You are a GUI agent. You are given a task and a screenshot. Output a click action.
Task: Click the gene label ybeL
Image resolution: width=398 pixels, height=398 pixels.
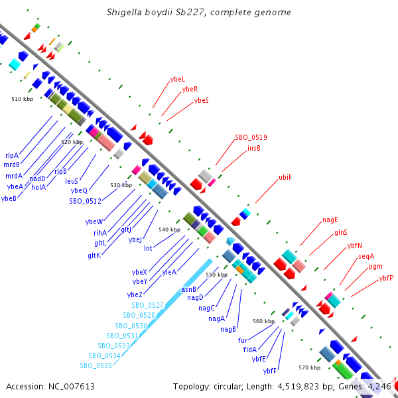(178, 79)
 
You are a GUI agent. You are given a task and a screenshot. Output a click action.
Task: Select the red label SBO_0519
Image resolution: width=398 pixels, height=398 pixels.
(251, 137)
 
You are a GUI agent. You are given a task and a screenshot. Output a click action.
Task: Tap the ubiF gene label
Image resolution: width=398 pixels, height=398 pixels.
(285, 177)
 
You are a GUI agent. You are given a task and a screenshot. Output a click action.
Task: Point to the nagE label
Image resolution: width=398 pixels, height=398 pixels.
(330, 220)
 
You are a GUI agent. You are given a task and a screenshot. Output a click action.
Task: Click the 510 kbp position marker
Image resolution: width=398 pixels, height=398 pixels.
(23, 99)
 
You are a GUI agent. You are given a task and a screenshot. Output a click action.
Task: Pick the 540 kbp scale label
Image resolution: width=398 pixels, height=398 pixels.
(170, 230)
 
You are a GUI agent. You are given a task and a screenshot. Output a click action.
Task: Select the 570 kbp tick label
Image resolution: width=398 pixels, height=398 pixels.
(309, 367)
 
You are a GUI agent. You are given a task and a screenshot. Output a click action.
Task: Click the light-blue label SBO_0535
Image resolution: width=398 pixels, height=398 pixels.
(96, 365)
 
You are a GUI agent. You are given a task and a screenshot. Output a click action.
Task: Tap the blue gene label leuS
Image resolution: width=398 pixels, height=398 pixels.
(72, 181)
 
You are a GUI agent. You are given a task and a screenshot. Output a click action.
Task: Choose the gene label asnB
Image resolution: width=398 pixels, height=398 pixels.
(188, 289)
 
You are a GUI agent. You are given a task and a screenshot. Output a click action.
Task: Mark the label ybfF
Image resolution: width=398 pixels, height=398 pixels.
(269, 371)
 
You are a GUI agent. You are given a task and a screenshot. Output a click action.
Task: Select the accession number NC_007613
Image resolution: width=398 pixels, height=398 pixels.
(72, 387)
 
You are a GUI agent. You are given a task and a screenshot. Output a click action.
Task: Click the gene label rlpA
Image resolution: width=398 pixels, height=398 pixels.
(12, 155)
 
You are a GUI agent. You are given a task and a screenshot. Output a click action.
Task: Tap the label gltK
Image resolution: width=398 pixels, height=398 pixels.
(94, 255)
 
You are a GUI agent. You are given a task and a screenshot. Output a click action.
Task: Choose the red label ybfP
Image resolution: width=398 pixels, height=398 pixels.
(386, 278)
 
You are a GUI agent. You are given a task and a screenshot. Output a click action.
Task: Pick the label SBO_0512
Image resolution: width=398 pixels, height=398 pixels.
(86, 201)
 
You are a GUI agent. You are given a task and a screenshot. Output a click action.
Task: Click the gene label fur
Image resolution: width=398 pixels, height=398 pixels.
(243, 340)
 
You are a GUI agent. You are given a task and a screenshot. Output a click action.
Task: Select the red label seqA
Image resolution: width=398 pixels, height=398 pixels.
(366, 256)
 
